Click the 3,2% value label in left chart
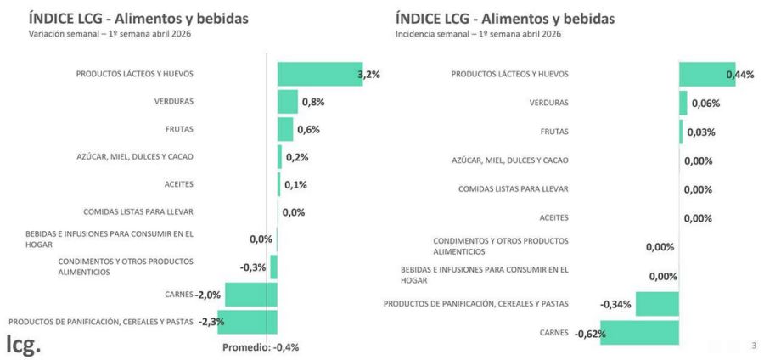[369, 75]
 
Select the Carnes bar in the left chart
[251, 295]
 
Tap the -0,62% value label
[590, 334]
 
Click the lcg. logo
[23, 344]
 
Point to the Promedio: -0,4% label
[261, 347]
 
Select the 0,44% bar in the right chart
[706, 74]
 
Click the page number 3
[754, 344]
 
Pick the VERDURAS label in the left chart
[174, 102]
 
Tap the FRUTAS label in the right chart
[554, 132]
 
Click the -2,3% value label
[211, 323]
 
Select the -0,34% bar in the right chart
[657, 304]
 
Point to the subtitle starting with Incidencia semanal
[478, 34]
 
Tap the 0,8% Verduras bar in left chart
[288, 102]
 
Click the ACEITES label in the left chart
[179, 184]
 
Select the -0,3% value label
[253, 267]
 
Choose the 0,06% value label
[705, 104]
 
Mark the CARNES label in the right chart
[553, 333]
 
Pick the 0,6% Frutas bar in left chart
[285, 129]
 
